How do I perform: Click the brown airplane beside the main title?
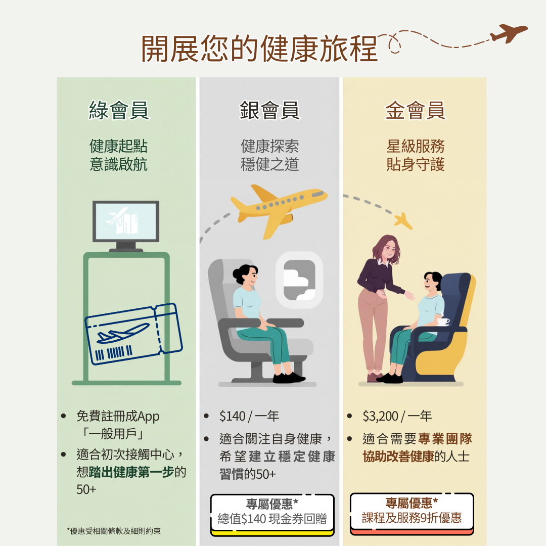(x=509, y=33)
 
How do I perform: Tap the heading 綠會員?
(x=119, y=110)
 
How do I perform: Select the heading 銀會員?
(x=269, y=110)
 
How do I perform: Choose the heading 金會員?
(x=415, y=110)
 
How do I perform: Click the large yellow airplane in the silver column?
(x=279, y=209)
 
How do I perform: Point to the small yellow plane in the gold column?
(x=403, y=221)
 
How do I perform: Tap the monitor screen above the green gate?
(x=126, y=221)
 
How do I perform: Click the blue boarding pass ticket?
(x=133, y=334)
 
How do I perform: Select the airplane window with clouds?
(x=299, y=280)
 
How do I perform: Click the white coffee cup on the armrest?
(x=443, y=321)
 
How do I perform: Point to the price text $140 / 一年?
(x=249, y=416)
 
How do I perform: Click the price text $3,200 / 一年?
(x=397, y=416)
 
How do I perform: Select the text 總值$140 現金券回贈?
(x=272, y=519)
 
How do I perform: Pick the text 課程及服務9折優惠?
(x=412, y=518)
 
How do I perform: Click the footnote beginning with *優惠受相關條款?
(x=114, y=531)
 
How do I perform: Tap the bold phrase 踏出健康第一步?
(x=131, y=472)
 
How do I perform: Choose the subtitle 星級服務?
(x=416, y=146)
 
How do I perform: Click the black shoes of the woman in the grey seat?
(x=289, y=378)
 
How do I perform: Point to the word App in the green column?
(x=148, y=417)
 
